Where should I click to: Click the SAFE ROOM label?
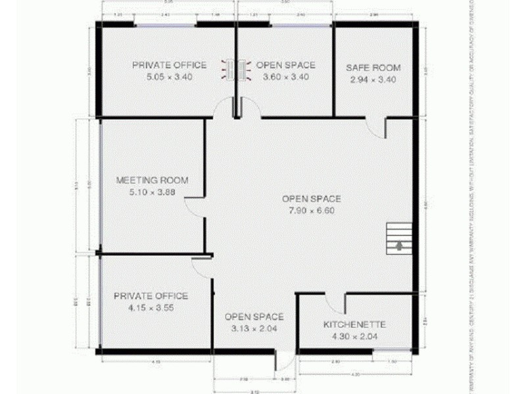pos(373,68)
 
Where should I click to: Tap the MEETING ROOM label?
pos(152,181)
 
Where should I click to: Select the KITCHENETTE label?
pos(354,325)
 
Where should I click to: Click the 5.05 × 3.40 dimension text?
pos(169,77)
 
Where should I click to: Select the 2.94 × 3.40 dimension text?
pos(373,79)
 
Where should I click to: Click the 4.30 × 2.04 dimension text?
pos(354,336)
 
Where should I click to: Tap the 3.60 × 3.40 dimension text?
pos(285,77)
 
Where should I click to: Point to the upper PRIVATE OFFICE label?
pos(169,65)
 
